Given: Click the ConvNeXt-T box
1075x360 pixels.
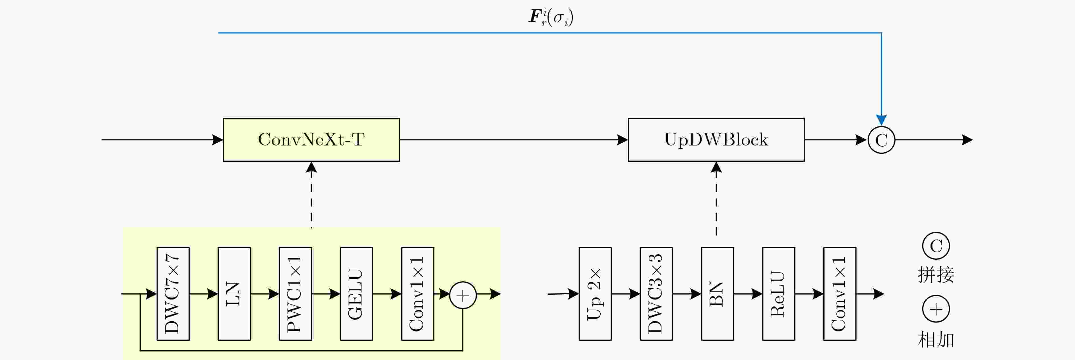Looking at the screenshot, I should (311, 140).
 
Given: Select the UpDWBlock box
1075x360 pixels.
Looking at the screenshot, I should (716, 140).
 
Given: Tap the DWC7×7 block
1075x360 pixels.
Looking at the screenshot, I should (173, 294).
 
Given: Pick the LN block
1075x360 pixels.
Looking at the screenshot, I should (234, 294).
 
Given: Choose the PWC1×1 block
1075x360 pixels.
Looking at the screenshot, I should (295, 294).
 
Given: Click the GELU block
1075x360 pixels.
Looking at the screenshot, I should (356, 294).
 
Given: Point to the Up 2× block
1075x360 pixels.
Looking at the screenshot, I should (595, 294).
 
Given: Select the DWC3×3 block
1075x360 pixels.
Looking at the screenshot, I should (656, 294).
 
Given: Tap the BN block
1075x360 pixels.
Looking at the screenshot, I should (717, 294).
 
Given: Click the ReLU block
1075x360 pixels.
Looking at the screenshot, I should (778, 294).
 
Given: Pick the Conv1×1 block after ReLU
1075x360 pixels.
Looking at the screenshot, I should (840, 294).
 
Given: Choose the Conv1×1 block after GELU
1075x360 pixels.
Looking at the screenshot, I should (417, 294).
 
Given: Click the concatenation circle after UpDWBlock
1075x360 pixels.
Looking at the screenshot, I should (881, 140).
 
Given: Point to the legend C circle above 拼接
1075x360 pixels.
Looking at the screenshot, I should (936, 246).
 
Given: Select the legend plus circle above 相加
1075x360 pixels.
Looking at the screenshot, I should (936, 309).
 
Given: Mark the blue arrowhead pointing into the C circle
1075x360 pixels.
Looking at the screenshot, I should (881, 120).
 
